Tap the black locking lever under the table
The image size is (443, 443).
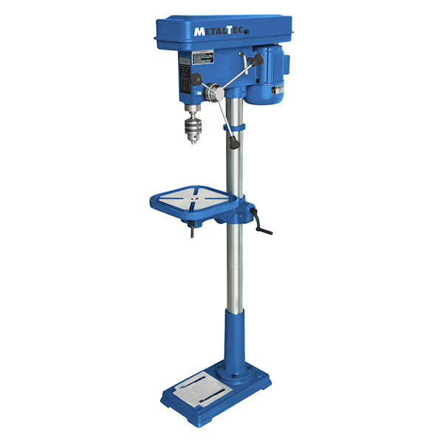point(191,233)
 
